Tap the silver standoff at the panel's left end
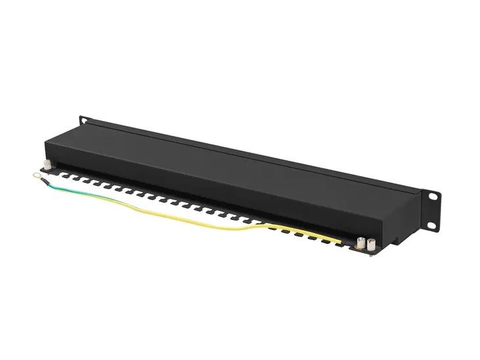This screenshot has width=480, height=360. coord(47,165)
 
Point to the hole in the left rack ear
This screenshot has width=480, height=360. coord(84,120)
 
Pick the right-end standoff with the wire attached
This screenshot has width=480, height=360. coord(360,242)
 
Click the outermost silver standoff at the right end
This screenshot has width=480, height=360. coord(370,246)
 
